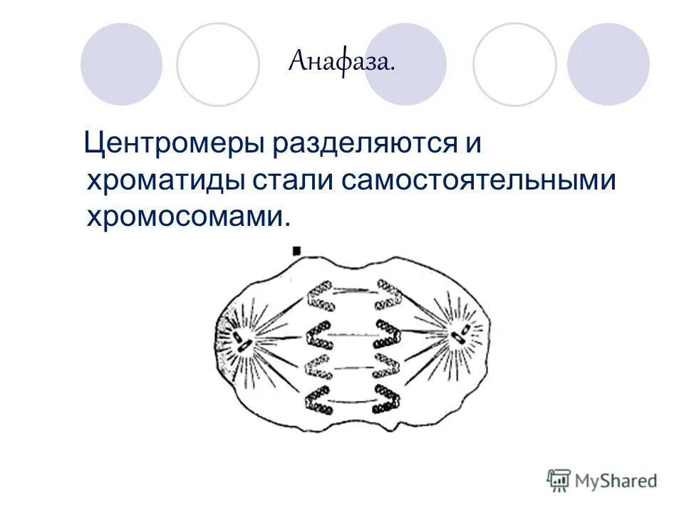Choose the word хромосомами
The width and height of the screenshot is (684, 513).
click(187, 215)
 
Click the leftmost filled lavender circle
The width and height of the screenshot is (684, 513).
click(121, 65)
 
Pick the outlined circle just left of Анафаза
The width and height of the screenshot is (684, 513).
click(218, 65)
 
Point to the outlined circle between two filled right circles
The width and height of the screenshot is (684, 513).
click(514, 65)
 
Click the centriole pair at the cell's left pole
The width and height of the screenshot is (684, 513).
click(242, 342)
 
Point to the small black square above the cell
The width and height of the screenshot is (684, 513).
click(296, 251)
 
